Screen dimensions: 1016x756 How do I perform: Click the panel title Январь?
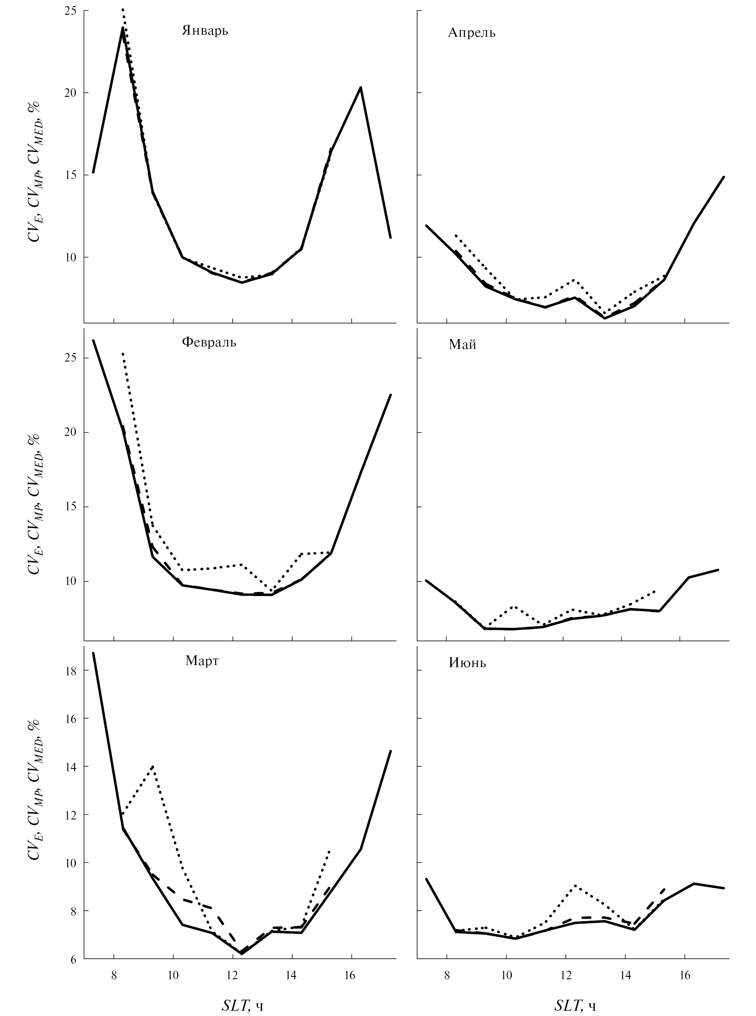205,31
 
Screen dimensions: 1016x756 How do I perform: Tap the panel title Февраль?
209,342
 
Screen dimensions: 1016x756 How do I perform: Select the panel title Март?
202,661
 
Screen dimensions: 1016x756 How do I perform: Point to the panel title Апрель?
471,33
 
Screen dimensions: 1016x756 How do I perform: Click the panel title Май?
462,345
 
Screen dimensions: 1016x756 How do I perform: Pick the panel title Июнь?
467,663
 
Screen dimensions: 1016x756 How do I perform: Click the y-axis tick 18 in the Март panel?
71,670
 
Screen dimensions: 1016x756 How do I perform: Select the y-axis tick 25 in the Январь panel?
70,11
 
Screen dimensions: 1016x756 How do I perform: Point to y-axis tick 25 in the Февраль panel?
70,357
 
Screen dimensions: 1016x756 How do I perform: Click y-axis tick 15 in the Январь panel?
70,175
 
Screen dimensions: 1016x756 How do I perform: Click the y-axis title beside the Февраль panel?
35,503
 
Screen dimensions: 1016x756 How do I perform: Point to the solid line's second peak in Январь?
360,87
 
